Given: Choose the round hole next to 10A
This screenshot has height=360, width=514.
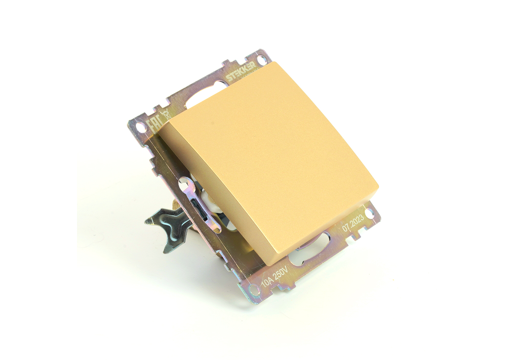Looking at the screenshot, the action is (x=254, y=290).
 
